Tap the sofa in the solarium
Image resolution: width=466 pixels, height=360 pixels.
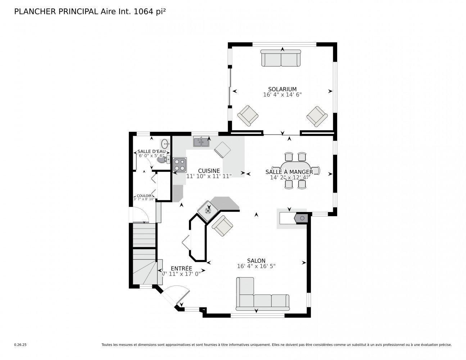pyautogui.click(x=281, y=58)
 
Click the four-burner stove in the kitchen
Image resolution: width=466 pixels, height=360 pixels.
pyautogui.click(x=180, y=165)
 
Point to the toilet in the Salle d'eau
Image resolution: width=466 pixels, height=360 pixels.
pyautogui.click(x=163, y=159)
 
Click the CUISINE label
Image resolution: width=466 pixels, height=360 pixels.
pyautogui.click(x=209, y=171)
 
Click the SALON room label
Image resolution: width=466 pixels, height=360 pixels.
pyautogui.click(x=256, y=261)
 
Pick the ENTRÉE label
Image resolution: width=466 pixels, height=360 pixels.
pyautogui.click(x=181, y=269)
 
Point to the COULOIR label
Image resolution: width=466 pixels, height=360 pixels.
pyautogui.click(x=144, y=196)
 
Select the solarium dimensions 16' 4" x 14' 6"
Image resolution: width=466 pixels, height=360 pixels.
pyautogui.click(x=282, y=95)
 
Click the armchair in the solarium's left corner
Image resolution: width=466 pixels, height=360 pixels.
pyautogui.click(x=248, y=115)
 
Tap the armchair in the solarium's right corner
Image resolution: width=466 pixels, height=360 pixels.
pyautogui.click(x=317, y=116)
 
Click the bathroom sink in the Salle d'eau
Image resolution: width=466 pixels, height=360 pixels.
pyautogui.click(x=166, y=144)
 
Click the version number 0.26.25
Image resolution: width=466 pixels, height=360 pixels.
pyautogui.click(x=21, y=345)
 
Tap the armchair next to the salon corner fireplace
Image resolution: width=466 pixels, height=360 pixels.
pyautogui.click(x=222, y=226)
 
